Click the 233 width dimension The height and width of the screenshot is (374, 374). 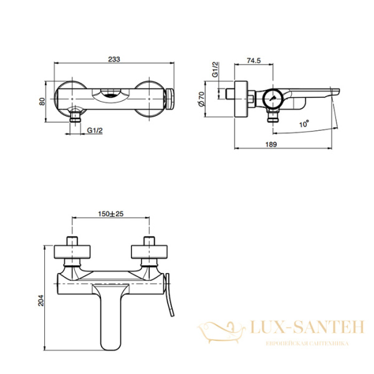[114, 59]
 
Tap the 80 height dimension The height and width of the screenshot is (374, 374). [42, 102]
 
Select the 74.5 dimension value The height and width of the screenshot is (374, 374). [254, 60]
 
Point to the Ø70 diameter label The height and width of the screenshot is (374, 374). [201, 98]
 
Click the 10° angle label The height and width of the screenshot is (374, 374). [304, 124]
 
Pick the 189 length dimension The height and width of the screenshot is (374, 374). [271, 145]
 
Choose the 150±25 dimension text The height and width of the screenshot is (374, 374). [111, 214]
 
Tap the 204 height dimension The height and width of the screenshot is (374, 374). [41, 300]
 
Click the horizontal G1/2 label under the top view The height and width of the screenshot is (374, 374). [95, 130]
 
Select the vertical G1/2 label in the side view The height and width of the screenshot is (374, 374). [215, 69]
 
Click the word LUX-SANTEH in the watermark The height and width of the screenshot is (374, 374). [307, 327]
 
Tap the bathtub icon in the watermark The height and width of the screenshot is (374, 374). [221, 332]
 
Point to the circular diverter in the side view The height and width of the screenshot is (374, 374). [274, 98]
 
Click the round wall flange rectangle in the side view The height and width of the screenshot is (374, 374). [241, 99]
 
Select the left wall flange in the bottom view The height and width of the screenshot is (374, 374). [72, 252]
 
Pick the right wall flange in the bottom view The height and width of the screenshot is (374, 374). [149, 252]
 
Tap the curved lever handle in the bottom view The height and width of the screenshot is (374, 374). [169, 295]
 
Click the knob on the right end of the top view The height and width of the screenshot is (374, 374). [170, 98]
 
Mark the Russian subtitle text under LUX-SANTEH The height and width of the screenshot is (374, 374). [307, 343]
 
